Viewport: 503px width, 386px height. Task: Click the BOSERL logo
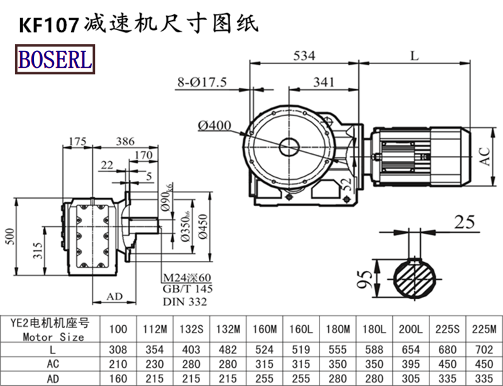[55, 60]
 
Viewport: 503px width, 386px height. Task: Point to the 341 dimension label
[323, 82]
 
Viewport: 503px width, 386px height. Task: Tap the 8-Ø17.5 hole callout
[202, 82]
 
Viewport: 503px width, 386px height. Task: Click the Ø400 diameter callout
[216, 126]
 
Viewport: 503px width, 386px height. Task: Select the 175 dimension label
[77, 141]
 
